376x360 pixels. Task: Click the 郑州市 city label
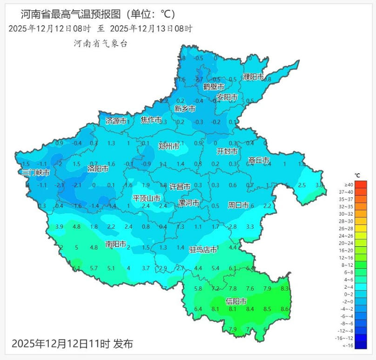click(x=169, y=146)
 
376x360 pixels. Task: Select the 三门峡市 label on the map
click(x=36, y=172)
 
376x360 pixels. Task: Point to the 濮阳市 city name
click(x=254, y=77)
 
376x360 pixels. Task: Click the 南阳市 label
click(x=116, y=244)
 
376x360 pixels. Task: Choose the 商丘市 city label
click(x=259, y=160)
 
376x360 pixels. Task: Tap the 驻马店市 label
click(x=203, y=250)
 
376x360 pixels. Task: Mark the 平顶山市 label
click(x=147, y=198)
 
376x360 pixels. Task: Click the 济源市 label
click(x=116, y=121)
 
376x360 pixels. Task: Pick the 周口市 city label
click(x=238, y=205)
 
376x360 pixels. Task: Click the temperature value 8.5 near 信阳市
click(x=267, y=309)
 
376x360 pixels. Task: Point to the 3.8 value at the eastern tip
click(x=319, y=185)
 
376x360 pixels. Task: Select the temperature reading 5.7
click(x=94, y=268)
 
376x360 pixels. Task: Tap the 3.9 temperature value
click(x=59, y=226)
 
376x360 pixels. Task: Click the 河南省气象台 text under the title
click(x=100, y=44)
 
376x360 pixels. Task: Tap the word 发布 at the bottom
click(x=123, y=344)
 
